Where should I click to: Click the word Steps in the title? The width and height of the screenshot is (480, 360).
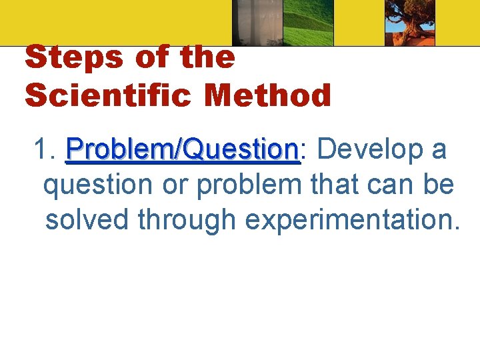[x=72, y=59]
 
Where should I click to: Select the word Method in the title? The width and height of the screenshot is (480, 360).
[x=268, y=95]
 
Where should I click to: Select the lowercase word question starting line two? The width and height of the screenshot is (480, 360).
[x=97, y=185]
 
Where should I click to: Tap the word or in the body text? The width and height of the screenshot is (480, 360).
[x=175, y=185]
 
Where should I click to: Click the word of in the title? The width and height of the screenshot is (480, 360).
[x=151, y=59]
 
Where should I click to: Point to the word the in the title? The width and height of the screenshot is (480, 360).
[x=207, y=59]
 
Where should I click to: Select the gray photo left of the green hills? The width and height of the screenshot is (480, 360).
[x=256, y=23]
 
